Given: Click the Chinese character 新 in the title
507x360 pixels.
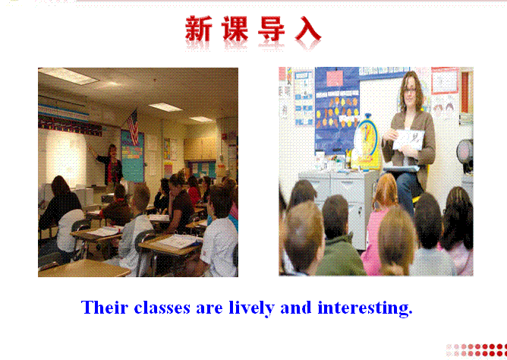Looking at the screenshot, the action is click(x=199, y=28).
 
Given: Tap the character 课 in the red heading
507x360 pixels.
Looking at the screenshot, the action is click(x=235, y=28).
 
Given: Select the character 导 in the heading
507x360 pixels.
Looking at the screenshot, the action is click(x=271, y=28).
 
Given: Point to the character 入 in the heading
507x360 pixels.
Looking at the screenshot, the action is click(x=308, y=28).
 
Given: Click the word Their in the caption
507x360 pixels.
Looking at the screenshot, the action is click(x=105, y=308).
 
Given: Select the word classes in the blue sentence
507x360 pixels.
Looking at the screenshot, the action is click(x=162, y=308).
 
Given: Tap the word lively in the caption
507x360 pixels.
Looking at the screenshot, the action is click(x=251, y=308).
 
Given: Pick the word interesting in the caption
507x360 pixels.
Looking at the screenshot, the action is click(x=365, y=308).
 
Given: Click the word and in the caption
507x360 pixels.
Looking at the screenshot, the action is click(x=296, y=308).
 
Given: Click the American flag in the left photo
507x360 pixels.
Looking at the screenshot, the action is click(x=133, y=127).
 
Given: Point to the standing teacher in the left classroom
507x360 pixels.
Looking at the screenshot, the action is click(x=111, y=165).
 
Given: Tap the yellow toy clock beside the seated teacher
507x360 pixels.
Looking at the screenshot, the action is click(x=367, y=142).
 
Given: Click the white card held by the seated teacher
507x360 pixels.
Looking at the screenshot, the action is click(x=408, y=140).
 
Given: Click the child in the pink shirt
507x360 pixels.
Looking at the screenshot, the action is click(x=382, y=220).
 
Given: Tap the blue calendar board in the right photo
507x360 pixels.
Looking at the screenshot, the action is click(x=336, y=109).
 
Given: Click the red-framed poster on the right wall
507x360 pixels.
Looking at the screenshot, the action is click(x=444, y=81).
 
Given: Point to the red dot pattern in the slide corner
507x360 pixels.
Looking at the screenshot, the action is click(x=477, y=350).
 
